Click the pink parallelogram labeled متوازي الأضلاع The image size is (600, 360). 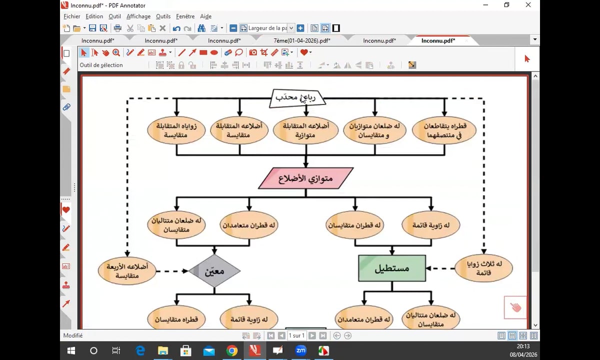(305, 178)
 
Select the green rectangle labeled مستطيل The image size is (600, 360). (392, 268)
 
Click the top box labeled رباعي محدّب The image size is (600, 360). (297, 98)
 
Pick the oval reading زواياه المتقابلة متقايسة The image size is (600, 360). (176, 130)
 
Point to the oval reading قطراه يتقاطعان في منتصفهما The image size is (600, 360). (443, 130)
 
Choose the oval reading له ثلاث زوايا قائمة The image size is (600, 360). (484, 268)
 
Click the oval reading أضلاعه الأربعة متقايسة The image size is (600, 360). (127, 271)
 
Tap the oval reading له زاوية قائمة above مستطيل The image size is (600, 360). (431, 225)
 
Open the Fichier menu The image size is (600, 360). (72, 16)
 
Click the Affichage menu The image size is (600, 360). (138, 16)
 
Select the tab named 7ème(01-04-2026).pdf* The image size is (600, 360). (302, 40)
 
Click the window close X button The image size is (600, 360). (528, 5)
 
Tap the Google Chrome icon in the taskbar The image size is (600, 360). (231, 350)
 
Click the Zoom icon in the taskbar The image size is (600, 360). (300, 350)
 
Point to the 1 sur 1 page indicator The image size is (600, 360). (296, 336)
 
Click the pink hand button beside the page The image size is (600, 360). (515, 307)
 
